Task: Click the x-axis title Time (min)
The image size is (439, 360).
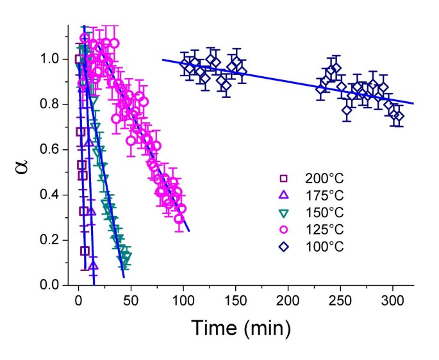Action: [x=241, y=328]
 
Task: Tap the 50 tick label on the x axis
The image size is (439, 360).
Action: [x=131, y=300]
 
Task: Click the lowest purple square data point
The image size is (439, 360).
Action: [x=85, y=250]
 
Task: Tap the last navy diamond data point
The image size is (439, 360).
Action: [x=398, y=116]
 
